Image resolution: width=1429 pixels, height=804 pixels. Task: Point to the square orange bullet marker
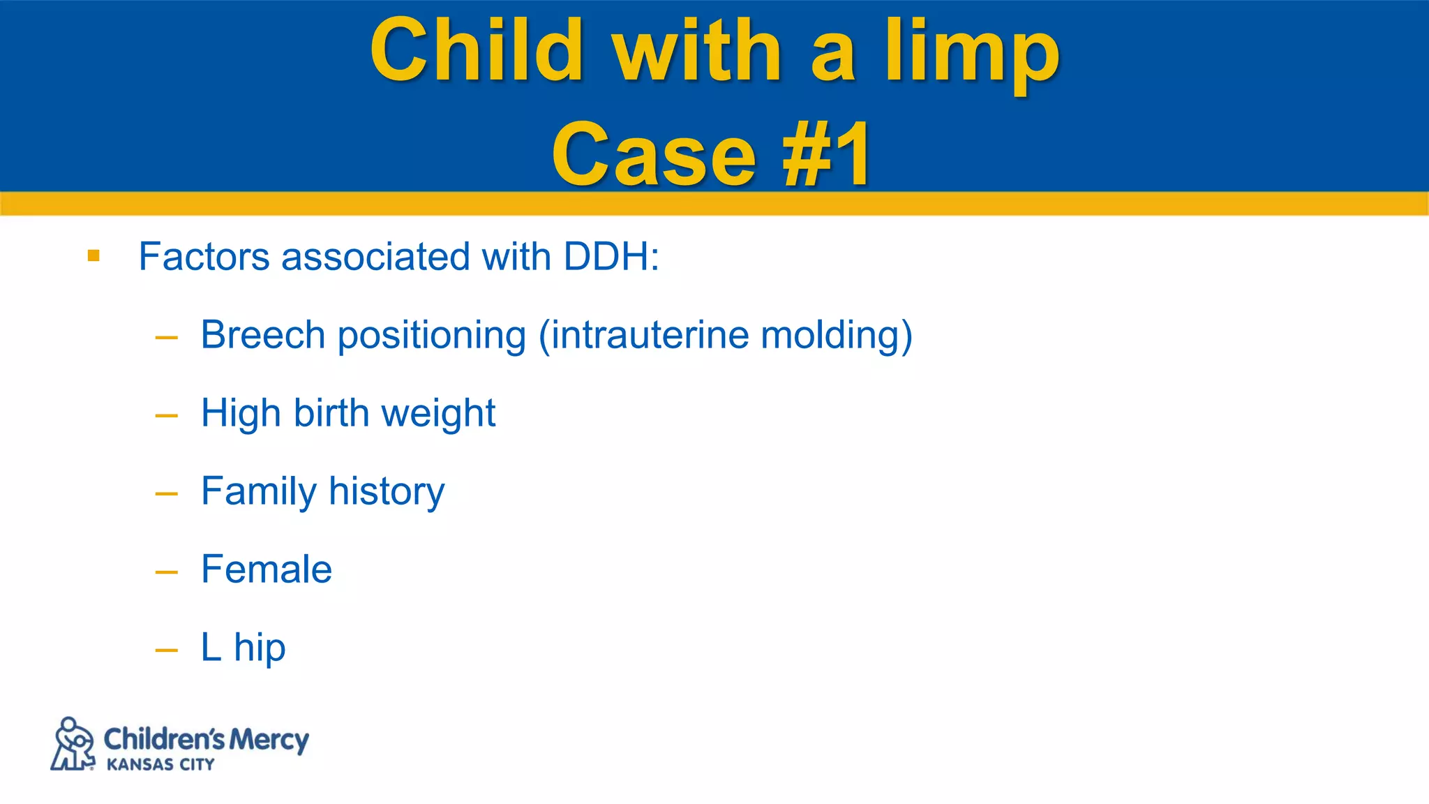93,256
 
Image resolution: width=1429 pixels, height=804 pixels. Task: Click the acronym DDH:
611,256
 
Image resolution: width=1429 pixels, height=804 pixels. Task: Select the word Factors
204,256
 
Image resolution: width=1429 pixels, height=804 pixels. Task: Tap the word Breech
263,334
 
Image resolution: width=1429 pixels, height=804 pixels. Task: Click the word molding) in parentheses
837,336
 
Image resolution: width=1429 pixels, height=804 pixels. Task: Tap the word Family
258,491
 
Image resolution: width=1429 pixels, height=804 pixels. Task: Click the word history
387,491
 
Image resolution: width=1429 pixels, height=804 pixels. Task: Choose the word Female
267,569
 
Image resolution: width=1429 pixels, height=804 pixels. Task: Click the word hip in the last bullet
260,648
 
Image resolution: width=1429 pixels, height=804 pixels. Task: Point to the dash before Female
167,572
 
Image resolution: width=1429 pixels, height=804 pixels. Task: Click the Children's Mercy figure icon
73,744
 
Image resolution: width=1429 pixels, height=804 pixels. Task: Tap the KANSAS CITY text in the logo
160,765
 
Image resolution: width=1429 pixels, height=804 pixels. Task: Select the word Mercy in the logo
269,739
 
